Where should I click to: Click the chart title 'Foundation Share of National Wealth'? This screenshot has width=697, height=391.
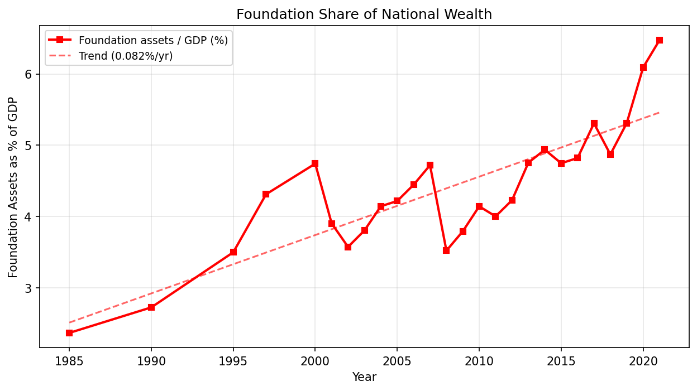tap(364, 15)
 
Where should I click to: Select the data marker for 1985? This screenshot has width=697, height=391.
tap(69, 333)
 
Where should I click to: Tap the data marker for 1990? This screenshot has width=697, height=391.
tap(151, 307)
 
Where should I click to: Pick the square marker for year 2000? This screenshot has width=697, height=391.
tap(315, 163)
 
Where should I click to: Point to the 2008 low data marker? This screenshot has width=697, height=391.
tap(446, 250)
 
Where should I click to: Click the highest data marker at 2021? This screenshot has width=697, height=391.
tap(660, 40)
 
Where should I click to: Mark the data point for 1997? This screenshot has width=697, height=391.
tap(266, 194)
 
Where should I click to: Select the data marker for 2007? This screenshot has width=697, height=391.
tap(430, 165)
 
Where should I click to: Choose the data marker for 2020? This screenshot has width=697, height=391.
tap(643, 67)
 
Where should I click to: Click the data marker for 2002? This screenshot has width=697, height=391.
tap(348, 247)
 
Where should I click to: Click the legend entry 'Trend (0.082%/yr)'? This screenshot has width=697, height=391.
tap(126, 56)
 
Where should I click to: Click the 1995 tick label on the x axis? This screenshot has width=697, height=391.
tap(233, 361)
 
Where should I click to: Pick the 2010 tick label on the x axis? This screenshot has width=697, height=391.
tap(479, 361)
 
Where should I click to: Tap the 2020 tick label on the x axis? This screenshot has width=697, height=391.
tap(643, 361)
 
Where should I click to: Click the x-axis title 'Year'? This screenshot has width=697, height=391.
tap(364, 378)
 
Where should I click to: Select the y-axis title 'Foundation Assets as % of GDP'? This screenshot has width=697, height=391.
tap(13, 187)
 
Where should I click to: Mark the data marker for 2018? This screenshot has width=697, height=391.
tap(610, 154)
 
